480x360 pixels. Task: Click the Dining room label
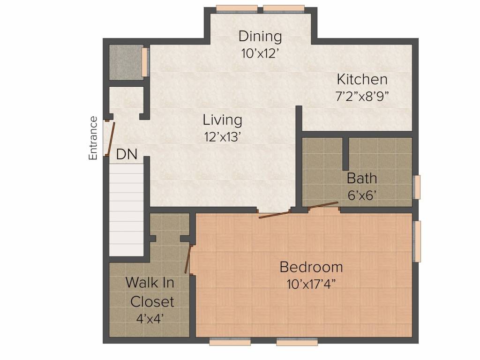click(260, 37)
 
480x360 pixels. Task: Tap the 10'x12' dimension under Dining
click(260, 53)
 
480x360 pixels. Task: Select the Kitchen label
click(362, 79)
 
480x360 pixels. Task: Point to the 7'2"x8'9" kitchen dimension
click(362, 97)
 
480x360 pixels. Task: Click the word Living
click(222, 120)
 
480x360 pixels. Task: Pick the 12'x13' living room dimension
click(221, 137)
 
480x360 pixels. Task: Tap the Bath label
click(361, 178)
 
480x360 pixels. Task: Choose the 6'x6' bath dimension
click(362, 195)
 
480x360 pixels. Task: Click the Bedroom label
click(311, 267)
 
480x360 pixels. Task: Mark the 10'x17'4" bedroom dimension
click(311, 285)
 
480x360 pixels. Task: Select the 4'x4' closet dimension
click(150, 319)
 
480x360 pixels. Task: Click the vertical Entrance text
click(93, 138)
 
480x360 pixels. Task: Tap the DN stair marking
click(127, 155)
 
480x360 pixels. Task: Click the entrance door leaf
click(111, 139)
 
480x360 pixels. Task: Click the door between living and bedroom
click(274, 214)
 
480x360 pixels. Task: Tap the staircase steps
click(127, 210)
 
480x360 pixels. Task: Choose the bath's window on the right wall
click(417, 187)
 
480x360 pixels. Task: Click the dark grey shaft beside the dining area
click(127, 63)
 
